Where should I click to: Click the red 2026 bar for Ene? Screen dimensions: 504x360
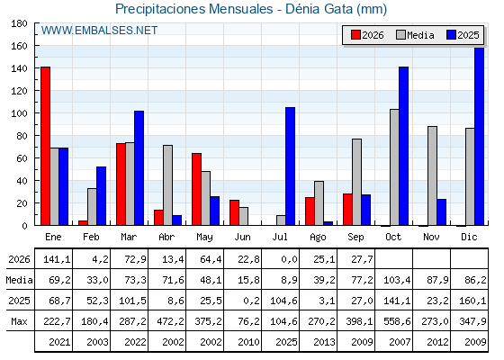point(45,146)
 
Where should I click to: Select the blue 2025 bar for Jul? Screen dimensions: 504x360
point(290,166)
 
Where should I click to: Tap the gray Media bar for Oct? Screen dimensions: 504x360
point(395,167)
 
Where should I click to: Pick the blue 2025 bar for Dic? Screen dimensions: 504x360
point(479,136)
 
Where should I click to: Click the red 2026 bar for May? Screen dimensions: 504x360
point(197,189)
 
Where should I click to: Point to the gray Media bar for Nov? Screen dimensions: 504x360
point(432,175)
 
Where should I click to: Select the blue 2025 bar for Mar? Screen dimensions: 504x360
point(139,168)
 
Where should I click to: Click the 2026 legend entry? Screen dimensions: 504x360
point(367,35)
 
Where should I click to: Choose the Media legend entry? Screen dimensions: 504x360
point(415,35)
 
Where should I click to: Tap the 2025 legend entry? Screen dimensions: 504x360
point(463,35)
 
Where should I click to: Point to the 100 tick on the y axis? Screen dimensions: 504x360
point(36,113)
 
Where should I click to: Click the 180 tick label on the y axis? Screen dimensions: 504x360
point(19,23)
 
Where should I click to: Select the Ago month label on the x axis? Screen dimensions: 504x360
point(318,238)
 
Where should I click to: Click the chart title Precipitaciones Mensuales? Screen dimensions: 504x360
point(194,9)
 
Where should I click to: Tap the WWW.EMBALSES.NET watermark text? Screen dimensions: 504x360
point(99,31)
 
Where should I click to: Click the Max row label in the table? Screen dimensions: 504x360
point(19,321)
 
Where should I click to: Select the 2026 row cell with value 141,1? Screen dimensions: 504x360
point(57,259)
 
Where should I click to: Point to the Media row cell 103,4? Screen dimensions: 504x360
point(397,280)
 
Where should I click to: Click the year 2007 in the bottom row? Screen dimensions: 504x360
point(400,342)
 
